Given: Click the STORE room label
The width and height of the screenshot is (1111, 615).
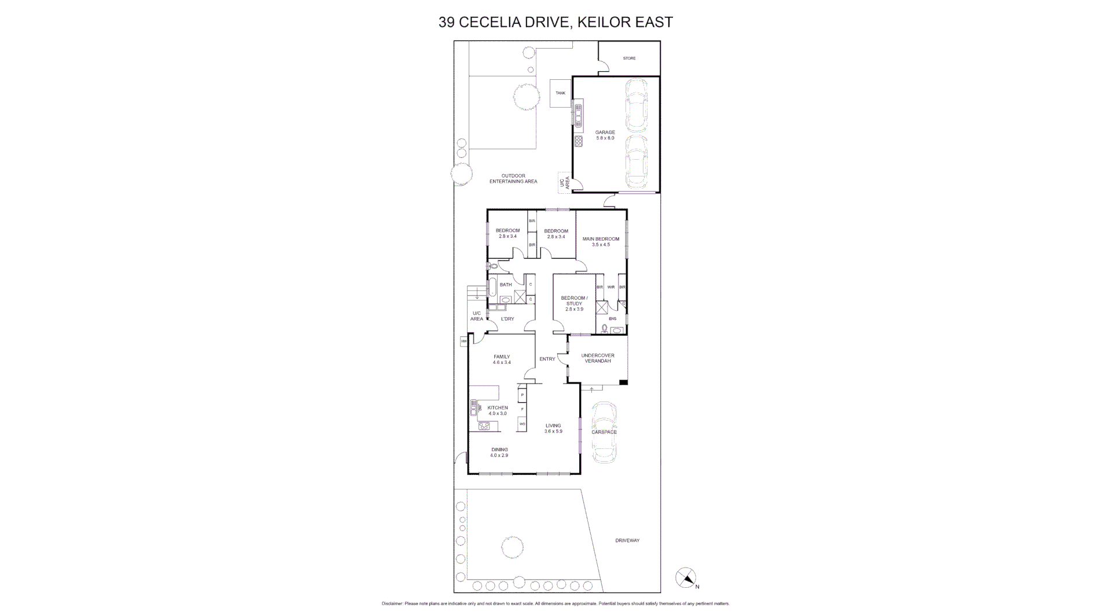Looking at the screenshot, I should click(629, 58).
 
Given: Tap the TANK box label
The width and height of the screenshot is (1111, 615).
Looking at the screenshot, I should click(560, 93).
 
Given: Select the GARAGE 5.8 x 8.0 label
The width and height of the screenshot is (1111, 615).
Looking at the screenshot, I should click(605, 135).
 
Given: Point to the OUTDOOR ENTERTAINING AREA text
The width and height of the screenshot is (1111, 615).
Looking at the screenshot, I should click(513, 179).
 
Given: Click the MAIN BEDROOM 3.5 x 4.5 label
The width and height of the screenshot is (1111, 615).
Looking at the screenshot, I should click(601, 242).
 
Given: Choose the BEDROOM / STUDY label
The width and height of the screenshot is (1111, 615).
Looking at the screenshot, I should click(574, 304).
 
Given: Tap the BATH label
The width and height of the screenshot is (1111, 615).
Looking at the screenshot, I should click(506, 285).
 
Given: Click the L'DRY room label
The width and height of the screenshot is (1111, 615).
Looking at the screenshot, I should click(507, 319).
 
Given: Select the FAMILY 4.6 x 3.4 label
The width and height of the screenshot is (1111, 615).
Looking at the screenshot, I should click(501, 359).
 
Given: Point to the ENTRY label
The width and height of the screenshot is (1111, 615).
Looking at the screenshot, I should click(547, 359).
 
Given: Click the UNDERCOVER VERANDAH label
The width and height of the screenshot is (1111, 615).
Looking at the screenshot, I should click(598, 358).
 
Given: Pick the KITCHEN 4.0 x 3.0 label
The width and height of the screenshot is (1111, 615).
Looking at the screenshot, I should click(497, 410).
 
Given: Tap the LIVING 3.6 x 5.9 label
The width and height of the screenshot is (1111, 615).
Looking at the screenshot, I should click(553, 428).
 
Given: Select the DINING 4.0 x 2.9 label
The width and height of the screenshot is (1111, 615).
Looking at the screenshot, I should click(499, 452).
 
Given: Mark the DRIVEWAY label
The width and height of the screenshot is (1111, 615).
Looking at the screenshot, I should click(627, 540).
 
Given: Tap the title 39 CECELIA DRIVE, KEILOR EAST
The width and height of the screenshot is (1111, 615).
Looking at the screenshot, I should click(555, 23).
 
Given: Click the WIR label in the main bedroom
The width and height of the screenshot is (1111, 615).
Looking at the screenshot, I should click(611, 287).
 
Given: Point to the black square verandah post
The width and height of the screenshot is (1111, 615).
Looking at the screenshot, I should click(623, 382).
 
